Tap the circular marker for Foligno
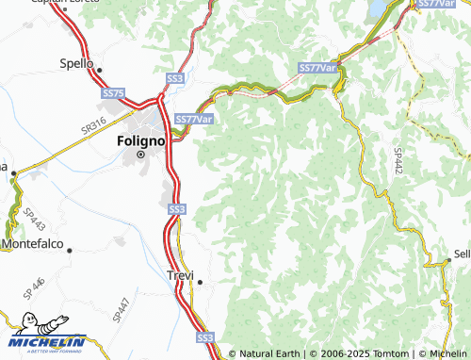click(x=140, y=154)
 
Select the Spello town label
click(x=76, y=64)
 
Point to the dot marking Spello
click(x=98, y=69)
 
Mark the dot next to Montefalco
click(x=69, y=250)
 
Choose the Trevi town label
click(x=178, y=275)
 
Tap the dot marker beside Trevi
click(x=200, y=281)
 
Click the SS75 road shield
click(x=114, y=93)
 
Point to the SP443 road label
click(x=34, y=220)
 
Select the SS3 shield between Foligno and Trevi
click(x=176, y=208)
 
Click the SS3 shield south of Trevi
click(x=205, y=336)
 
